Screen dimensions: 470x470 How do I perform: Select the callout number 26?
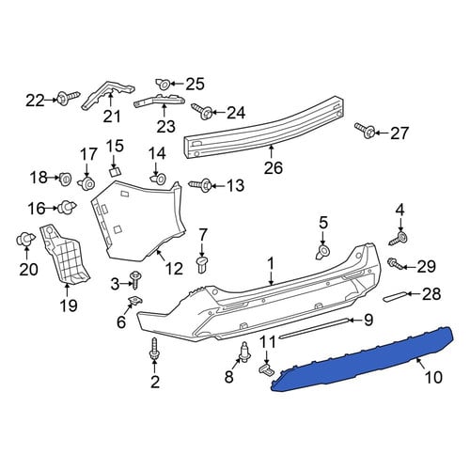274,167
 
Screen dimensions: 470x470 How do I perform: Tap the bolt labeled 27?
365,131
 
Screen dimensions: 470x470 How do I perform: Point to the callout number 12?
174,269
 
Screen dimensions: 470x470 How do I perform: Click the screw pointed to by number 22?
67,97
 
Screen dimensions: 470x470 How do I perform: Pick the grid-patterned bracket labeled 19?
64,253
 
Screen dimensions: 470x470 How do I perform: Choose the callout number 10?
433,377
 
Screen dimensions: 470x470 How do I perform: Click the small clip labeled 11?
265,368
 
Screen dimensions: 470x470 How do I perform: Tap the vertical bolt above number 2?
154,351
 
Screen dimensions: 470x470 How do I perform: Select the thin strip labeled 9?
314,328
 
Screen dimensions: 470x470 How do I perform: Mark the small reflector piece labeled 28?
396,296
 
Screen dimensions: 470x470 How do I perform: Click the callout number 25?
195,84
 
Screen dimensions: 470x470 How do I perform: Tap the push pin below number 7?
202,265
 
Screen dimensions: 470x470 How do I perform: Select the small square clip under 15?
115,171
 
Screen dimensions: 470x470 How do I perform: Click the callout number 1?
271,264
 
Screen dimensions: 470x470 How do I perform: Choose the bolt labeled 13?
200,185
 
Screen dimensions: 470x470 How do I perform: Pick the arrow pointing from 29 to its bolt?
410,267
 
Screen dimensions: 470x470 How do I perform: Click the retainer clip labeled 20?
23,240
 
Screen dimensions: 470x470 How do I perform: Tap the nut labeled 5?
322,251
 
